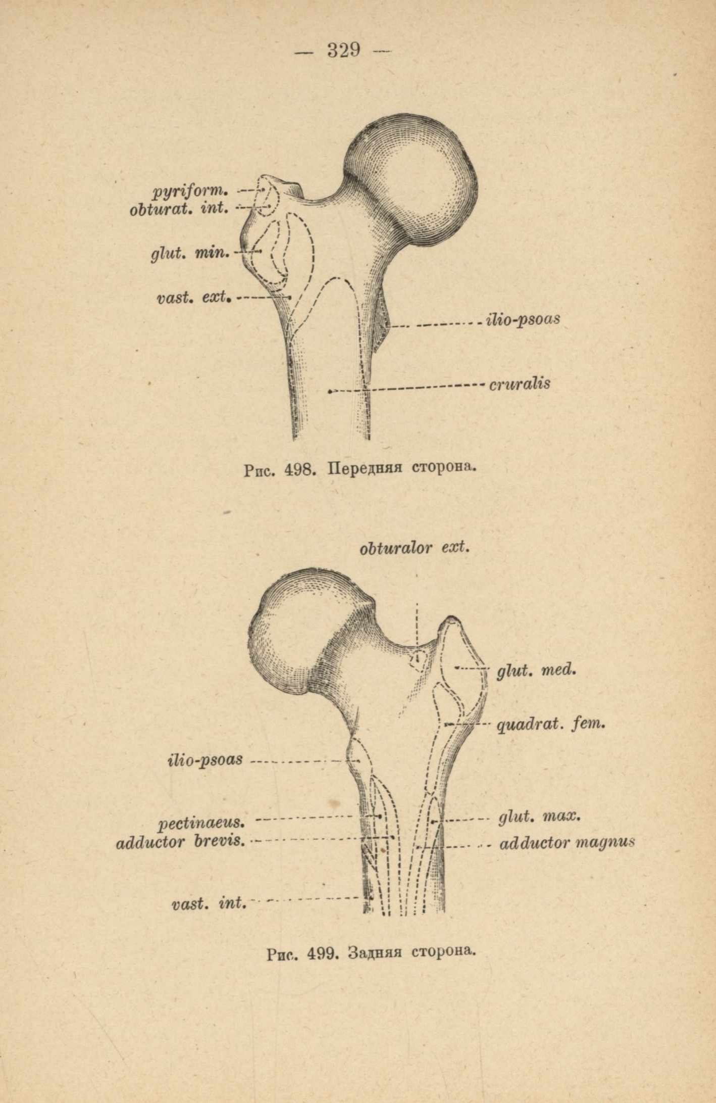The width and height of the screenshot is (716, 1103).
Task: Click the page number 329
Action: (343, 50)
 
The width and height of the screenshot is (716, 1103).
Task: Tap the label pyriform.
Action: (191, 192)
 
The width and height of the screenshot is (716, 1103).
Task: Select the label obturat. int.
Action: (179, 208)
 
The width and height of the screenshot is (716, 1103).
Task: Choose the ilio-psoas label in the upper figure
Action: (523, 319)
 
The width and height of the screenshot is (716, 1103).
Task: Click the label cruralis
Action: (520, 383)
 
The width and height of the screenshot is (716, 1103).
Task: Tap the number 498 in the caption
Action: (300, 470)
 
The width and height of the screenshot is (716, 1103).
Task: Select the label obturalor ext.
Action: (415, 548)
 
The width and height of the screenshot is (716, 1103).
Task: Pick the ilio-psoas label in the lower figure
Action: (205, 760)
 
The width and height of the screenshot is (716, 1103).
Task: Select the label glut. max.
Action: (540, 817)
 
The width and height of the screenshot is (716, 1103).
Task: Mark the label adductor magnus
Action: (567, 843)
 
